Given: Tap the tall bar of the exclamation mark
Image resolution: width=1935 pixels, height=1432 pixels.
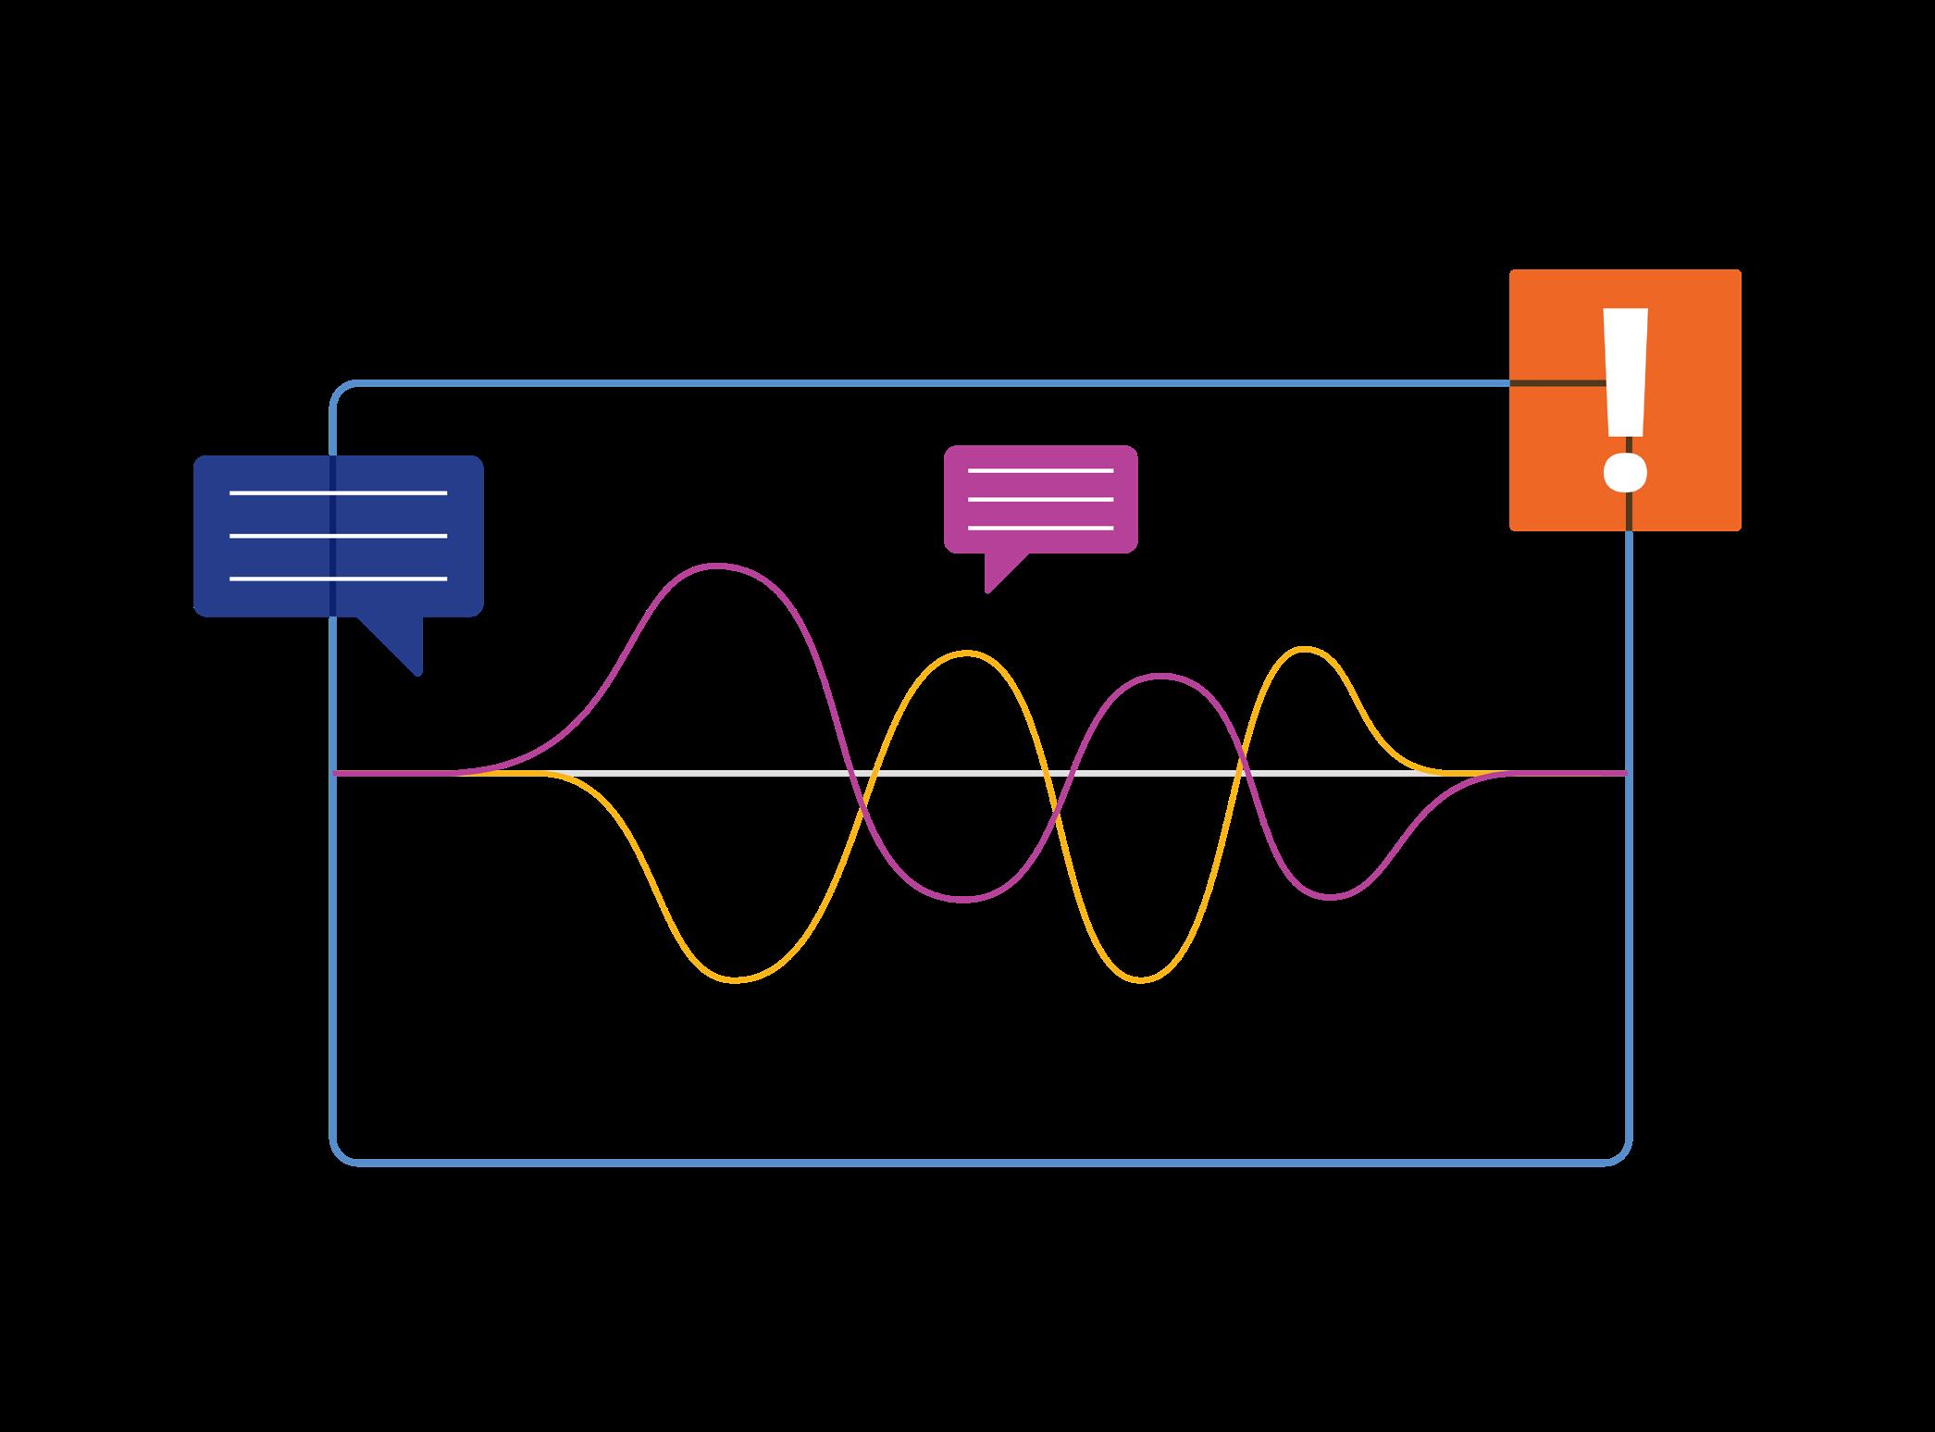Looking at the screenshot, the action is tap(1625, 370).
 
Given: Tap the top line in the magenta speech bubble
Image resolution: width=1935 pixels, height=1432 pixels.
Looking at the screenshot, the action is tap(1040, 471).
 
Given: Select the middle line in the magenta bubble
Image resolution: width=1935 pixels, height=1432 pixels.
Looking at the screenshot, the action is tap(1040, 500).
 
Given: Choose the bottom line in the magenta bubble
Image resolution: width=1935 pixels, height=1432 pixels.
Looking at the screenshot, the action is tap(1040, 529).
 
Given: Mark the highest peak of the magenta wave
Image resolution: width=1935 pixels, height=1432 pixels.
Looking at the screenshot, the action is tap(719, 565).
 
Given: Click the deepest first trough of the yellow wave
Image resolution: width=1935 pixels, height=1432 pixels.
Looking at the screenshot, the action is tap(736, 980).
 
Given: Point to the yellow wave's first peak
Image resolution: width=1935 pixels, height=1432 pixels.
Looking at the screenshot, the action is tap(966, 653).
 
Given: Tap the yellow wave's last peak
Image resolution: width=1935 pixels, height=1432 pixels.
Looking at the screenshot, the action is tap(1305, 649).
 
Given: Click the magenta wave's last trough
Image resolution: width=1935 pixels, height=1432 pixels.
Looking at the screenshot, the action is tap(1331, 897).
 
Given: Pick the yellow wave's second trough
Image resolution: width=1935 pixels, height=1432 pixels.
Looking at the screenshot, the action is tap(1141, 979).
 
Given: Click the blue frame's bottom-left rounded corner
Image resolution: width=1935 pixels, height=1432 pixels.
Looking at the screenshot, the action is tap(341, 1154).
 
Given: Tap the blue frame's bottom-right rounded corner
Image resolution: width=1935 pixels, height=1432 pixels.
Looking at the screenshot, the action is tap(1621, 1154).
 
